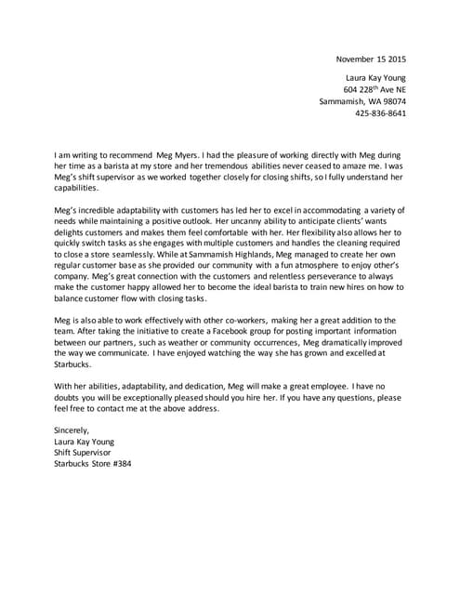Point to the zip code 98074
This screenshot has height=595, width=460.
coord(388,101)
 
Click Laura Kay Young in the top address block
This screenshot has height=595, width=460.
coord(375,75)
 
